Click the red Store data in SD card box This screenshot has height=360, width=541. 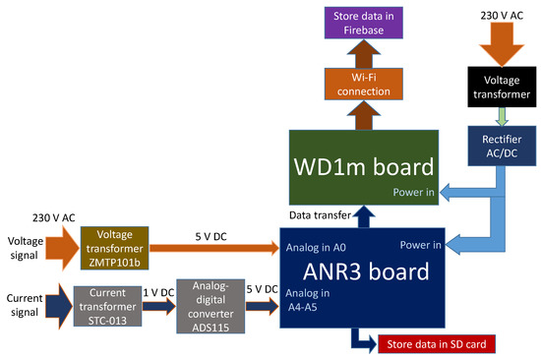coord(436,343)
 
